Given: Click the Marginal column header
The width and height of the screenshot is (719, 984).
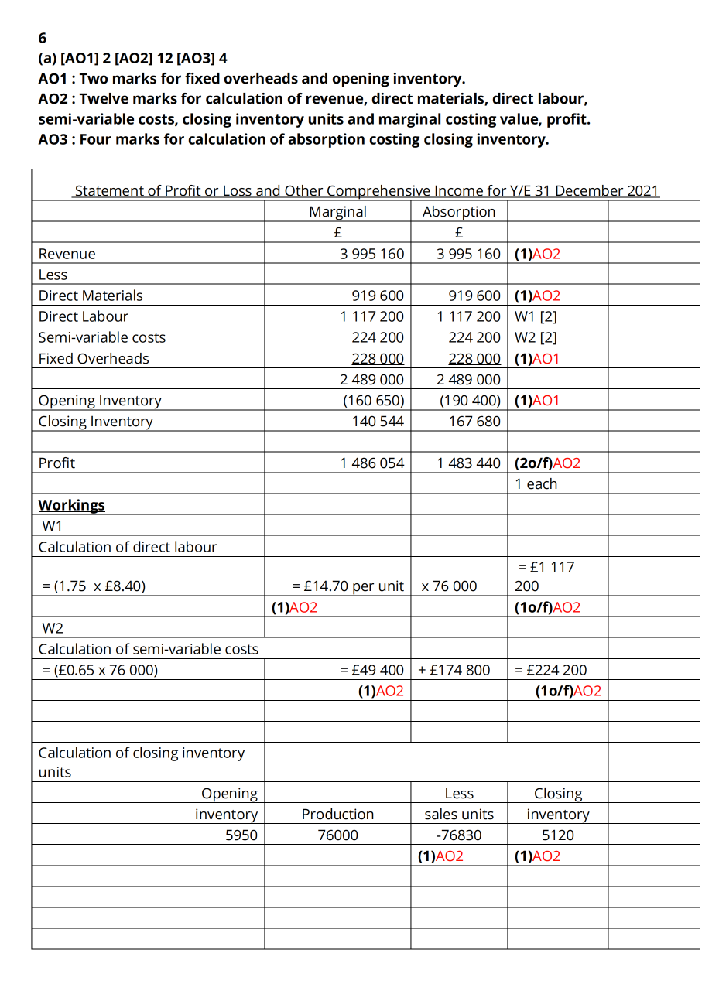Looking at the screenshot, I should pyautogui.click(x=337, y=211).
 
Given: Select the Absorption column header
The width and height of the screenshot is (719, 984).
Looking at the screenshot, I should pyautogui.click(x=459, y=211).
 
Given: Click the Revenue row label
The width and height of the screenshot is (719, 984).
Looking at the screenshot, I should pyautogui.click(x=67, y=254).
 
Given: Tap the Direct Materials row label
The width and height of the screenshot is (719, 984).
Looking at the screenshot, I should pyautogui.click(x=91, y=296).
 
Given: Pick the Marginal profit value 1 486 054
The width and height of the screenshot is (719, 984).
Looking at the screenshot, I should pyautogui.click(x=371, y=463).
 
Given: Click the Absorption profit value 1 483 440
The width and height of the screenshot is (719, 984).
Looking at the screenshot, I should pyautogui.click(x=468, y=463).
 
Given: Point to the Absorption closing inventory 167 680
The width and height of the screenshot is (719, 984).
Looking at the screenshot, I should pyautogui.click(x=474, y=421).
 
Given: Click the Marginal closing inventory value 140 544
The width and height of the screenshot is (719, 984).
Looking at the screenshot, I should pyautogui.click(x=378, y=421).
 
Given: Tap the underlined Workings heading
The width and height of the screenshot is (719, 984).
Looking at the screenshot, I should pyautogui.click(x=72, y=505).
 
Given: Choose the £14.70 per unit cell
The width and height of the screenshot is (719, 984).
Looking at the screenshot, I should pyautogui.click(x=348, y=586).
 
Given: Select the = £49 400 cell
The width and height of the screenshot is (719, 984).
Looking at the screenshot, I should pyautogui.click(x=372, y=670).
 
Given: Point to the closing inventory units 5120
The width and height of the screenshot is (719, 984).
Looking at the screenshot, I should pyautogui.click(x=557, y=835).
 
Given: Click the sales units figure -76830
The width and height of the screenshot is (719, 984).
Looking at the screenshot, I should pyautogui.click(x=459, y=835).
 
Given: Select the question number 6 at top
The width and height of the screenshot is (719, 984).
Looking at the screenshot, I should pyautogui.click(x=43, y=38).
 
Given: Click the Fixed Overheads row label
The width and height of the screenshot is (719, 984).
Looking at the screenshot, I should pyautogui.click(x=94, y=358).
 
